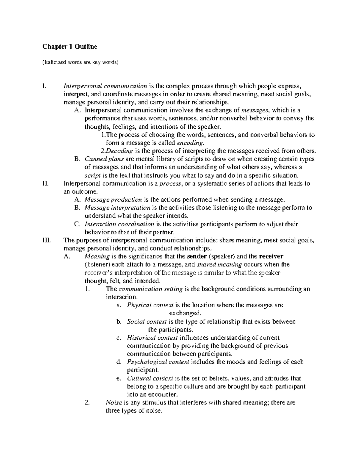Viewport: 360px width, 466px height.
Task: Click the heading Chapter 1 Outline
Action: (70, 47)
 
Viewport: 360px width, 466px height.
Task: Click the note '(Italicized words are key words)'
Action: (81, 62)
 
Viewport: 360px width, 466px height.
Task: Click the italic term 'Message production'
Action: (113, 200)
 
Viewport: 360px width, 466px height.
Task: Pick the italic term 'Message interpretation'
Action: (117, 208)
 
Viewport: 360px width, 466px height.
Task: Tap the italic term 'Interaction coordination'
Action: (119, 224)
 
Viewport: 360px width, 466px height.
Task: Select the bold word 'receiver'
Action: (271, 257)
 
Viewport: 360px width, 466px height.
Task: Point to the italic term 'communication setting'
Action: (151, 289)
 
